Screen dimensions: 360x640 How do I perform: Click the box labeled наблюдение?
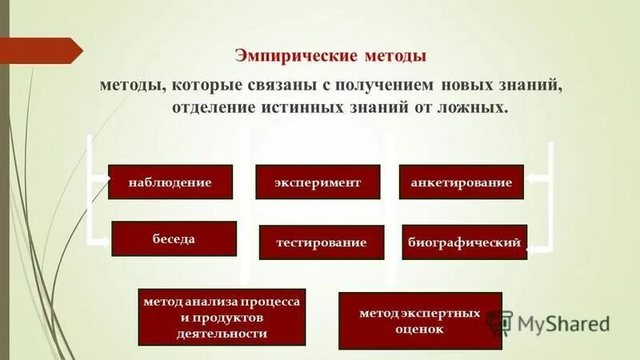pyautogui.click(x=170, y=182)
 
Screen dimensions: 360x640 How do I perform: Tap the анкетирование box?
pyautogui.click(x=461, y=182)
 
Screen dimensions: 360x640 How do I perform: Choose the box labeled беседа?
pyautogui.click(x=174, y=238)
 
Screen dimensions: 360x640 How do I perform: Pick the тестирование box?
pyautogui.click(x=322, y=242)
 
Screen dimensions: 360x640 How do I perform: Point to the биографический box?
pyautogui.click(x=464, y=242)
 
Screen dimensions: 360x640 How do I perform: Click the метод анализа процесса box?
pyautogui.click(x=222, y=317)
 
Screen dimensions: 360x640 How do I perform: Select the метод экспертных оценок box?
pyautogui.click(x=420, y=320)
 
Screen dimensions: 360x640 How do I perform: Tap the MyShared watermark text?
pyautogui.click(x=564, y=323)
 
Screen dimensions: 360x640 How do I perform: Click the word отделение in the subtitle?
pyautogui.click(x=210, y=106)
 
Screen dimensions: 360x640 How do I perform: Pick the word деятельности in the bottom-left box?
pyautogui.click(x=222, y=333)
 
